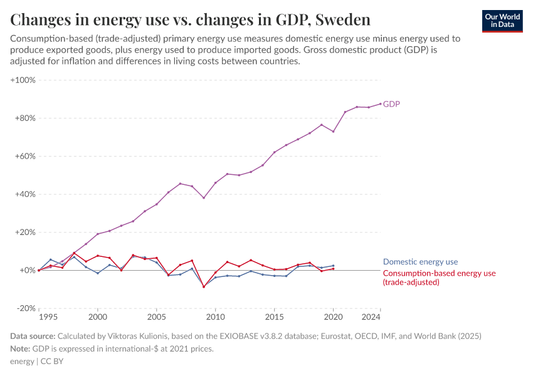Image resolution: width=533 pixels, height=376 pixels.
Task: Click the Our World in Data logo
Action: click(502, 21)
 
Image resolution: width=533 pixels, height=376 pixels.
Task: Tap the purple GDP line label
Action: click(391, 104)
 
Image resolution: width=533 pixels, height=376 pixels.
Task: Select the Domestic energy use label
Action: click(420, 262)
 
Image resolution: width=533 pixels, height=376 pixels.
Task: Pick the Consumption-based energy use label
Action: click(439, 273)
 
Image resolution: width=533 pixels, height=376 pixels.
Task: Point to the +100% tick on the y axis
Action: click(23, 80)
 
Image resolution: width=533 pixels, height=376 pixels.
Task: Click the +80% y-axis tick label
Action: click(24, 118)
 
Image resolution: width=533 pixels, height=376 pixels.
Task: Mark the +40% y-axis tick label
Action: click(24, 194)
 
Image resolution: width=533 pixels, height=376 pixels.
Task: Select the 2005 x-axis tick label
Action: click(157, 318)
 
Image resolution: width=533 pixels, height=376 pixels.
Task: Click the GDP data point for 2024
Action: click(380, 104)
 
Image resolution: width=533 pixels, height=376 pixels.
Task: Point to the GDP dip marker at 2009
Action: click(204, 198)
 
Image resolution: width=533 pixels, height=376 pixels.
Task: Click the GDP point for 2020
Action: click(333, 132)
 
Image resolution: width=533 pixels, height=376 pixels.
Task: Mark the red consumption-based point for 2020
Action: click(333, 269)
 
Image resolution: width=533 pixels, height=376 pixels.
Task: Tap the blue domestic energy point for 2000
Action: click(98, 273)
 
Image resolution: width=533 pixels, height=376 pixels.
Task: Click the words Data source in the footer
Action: click(33, 337)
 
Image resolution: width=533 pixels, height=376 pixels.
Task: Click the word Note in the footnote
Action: click(20, 349)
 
